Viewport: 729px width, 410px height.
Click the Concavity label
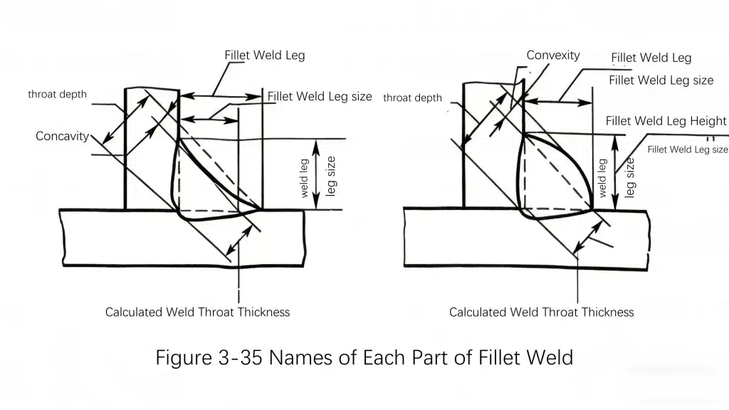tap(63, 136)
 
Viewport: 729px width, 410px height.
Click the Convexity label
tap(553, 56)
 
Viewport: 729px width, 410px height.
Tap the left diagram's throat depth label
tap(57, 95)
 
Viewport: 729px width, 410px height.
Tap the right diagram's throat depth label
tap(412, 98)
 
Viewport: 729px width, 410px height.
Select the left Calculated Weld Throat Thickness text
tap(197, 312)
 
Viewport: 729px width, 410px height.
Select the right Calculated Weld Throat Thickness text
tap(541, 312)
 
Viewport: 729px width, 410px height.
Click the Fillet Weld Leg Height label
tap(666, 122)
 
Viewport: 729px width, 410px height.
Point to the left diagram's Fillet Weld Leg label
tap(264, 56)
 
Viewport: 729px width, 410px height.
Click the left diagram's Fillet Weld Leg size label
tap(320, 97)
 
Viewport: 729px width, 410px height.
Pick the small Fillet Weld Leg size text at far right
tap(688, 149)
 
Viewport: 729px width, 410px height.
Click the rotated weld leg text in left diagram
tap(305, 178)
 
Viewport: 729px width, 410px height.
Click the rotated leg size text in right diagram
tap(629, 178)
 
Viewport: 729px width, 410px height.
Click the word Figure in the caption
tap(183, 357)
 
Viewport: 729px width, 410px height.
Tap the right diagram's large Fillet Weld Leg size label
tap(661, 80)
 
